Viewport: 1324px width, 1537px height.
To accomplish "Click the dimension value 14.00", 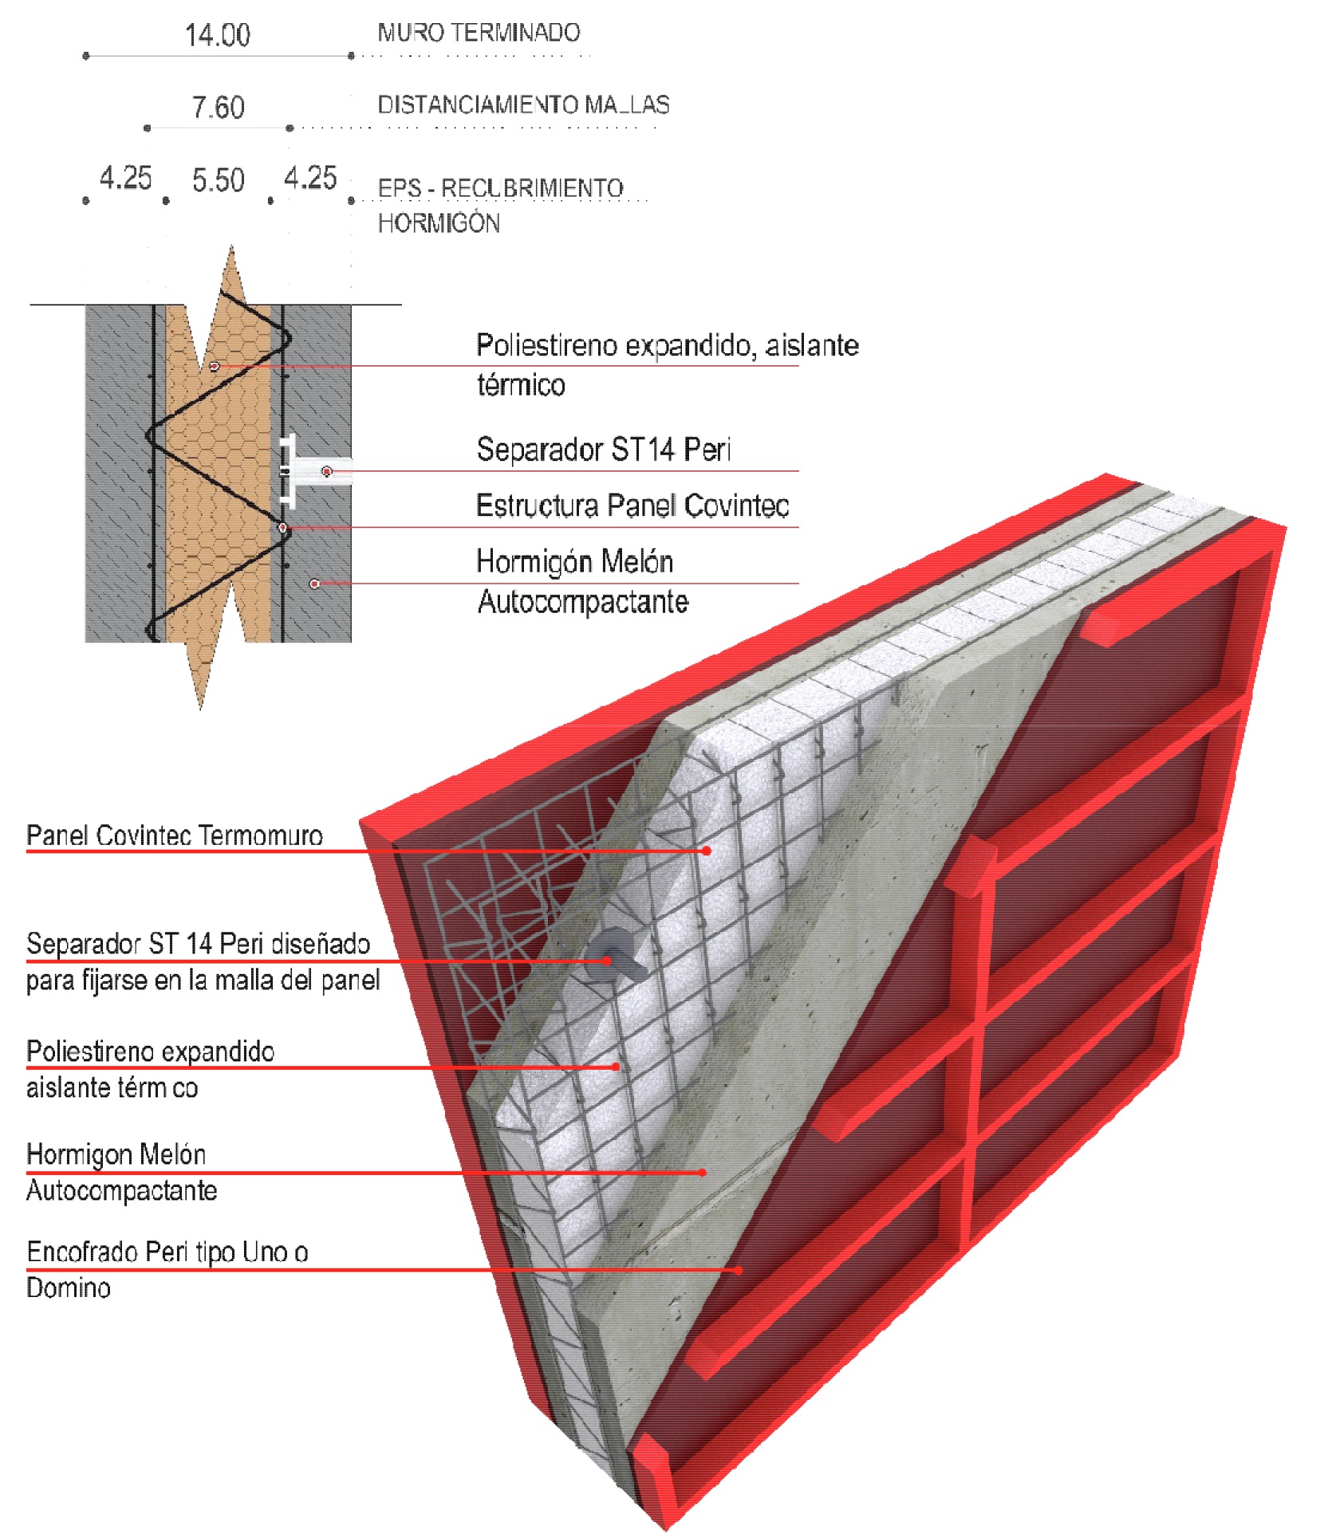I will point(217,35).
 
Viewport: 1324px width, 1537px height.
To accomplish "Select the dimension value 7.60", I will point(218,108).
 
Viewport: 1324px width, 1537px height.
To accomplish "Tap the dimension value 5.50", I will point(218,180).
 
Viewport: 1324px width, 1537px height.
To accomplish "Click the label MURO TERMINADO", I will point(479,33).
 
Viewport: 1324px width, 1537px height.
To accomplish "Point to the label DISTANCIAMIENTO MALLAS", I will point(523,104).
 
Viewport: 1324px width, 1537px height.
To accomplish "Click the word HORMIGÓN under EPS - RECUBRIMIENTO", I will point(439,223).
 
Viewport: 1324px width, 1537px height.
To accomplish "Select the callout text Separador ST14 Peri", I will point(603,450).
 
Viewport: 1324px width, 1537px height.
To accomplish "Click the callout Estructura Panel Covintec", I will point(632,505).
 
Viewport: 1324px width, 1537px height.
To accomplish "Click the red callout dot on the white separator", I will point(326,471).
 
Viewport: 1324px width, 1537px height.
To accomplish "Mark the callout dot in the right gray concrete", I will point(315,584).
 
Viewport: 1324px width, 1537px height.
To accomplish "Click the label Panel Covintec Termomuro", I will point(174,835).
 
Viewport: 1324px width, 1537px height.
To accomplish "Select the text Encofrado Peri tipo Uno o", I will point(167,1252).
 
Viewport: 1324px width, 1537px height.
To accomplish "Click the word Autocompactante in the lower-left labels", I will point(121,1190).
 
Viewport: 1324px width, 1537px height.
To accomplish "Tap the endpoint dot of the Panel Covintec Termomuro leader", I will point(707,851).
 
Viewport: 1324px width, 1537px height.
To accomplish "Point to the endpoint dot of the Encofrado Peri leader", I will point(739,1269).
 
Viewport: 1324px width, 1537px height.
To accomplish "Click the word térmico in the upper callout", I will point(521,385).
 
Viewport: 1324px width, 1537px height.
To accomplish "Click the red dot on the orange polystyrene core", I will point(215,366).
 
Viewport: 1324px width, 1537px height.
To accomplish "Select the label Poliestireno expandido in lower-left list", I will point(150,1052).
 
